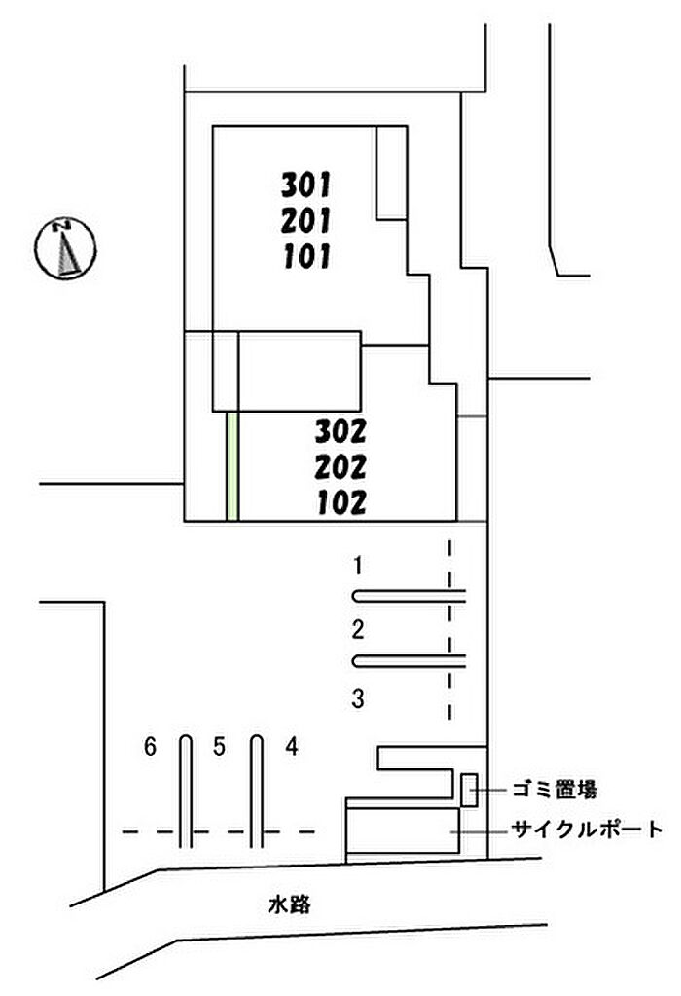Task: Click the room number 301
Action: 305,185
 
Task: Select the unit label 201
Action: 305,221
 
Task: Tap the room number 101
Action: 306,257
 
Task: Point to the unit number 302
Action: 340,432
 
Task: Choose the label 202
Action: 340,467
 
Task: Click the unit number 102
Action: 341,502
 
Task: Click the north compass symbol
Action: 65,248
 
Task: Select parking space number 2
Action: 358,630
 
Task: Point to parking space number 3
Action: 358,699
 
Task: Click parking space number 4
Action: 291,747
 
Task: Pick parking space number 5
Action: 220,747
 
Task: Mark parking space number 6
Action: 150,747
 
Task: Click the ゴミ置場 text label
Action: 555,790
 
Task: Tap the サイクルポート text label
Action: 587,829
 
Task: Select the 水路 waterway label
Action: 289,904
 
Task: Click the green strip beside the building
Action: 233,466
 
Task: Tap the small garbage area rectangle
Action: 469,790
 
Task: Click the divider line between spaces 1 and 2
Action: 409,597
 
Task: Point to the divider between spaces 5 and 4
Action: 257,791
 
